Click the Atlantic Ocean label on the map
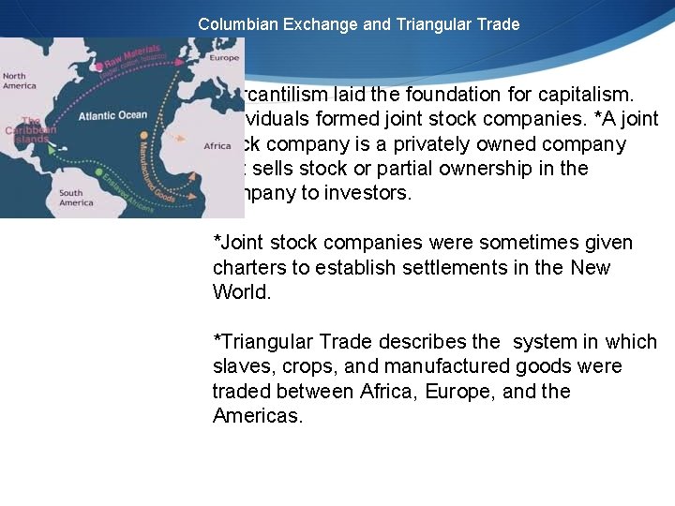[112, 115]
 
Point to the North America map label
[20, 81]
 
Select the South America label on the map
[76, 197]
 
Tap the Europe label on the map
[224, 58]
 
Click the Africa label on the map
[217, 146]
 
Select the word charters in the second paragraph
[247, 267]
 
